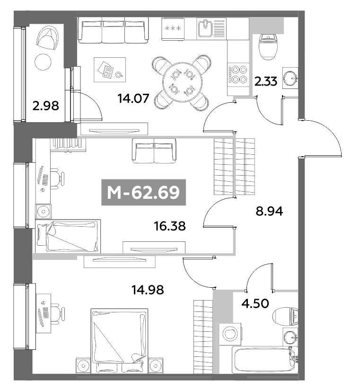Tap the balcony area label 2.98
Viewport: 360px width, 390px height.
(x=46, y=105)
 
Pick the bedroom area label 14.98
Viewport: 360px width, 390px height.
(x=148, y=289)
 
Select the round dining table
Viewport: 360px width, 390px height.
(x=182, y=81)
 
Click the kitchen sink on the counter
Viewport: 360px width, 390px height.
(x=205, y=28)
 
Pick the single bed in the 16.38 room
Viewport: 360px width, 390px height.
(x=68, y=235)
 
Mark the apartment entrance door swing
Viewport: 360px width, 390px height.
(x=322, y=138)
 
